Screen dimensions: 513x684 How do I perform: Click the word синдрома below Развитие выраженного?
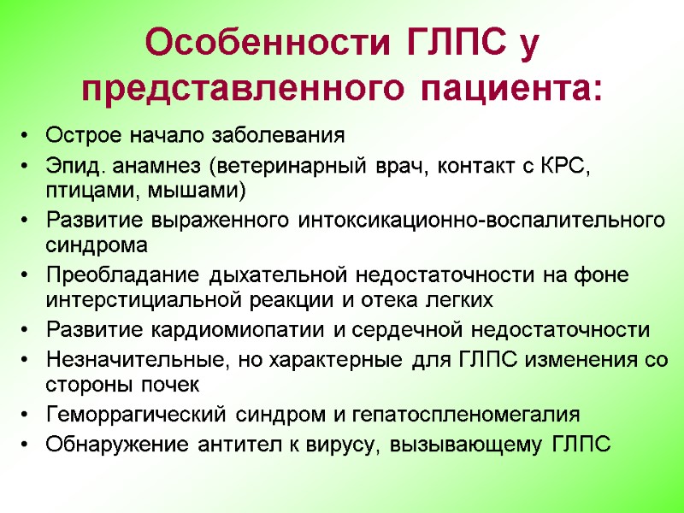pos(96,244)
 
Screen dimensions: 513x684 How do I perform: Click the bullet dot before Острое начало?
pos(27,136)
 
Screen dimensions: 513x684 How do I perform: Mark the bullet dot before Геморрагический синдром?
pos(27,416)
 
